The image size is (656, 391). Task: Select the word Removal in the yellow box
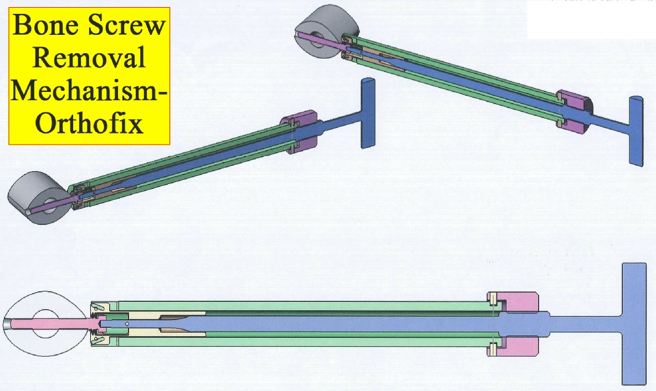pyautogui.click(x=89, y=58)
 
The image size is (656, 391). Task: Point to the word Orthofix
pyautogui.click(x=89, y=123)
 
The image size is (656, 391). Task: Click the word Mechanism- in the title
pyautogui.click(x=89, y=90)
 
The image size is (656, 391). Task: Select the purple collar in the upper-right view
pyautogui.click(x=575, y=109)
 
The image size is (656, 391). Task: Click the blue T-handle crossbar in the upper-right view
pyautogui.click(x=637, y=131)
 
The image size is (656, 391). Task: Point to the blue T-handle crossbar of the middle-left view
pyautogui.click(x=368, y=113)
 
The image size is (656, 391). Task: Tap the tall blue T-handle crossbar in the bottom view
pyautogui.click(x=634, y=323)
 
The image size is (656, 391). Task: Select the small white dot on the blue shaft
pyautogui.click(x=126, y=323)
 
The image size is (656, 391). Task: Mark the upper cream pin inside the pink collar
pyautogui.click(x=493, y=299)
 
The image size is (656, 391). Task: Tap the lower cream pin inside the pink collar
pyautogui.click(x=493, y=348)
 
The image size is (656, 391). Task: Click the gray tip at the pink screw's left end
pyautogui.click(x=8, y=324)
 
